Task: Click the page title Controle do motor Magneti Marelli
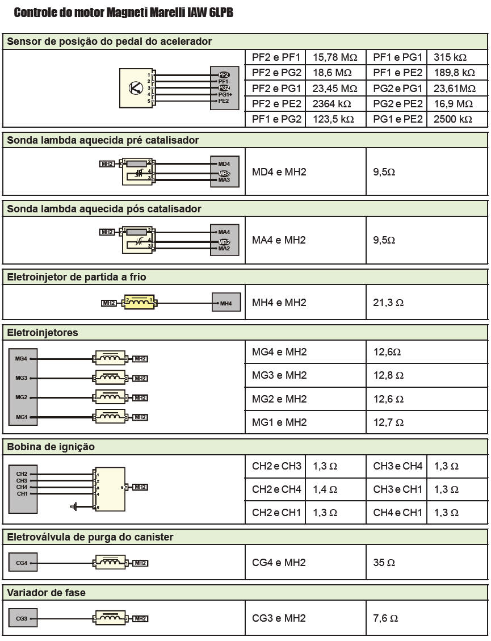click(x=123, y=12)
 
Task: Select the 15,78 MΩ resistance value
click(x=335, y=57)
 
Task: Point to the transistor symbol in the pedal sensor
click(x=136, y=87)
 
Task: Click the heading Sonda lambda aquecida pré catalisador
click(x=103, y=140)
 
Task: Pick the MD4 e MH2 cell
click(x=279, y=172)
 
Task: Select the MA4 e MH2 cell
click(x=279, y=240)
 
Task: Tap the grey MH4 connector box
click(x=226, y=303)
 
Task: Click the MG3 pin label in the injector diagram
click(x=22, y=378)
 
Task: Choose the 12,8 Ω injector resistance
click(x=388, y=375)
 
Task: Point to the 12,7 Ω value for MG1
click(x=388, y=422)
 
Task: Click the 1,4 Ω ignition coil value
click(x=325, y=489)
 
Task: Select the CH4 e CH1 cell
click(x=397, y=513)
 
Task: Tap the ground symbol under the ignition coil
click(x=73, y=506)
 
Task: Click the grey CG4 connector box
click(x=23, y=563)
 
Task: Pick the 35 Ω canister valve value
click(x=384, y=563)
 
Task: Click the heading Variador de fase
click(x=46, y=593)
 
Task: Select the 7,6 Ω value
click(x=385, y=618)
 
